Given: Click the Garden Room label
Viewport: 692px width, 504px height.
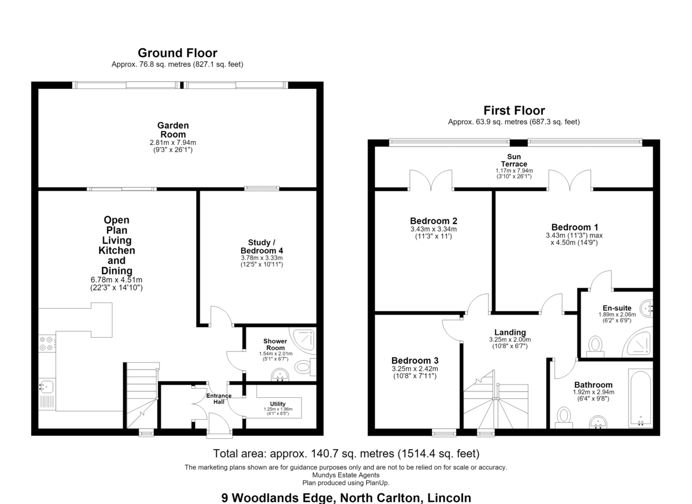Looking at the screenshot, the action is (173, 130).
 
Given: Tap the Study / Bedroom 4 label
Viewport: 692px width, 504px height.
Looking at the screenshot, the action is (262, 247).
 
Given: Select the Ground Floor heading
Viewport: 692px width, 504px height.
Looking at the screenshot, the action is (178, 53).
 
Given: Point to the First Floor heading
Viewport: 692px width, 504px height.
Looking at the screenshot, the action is (514, 111).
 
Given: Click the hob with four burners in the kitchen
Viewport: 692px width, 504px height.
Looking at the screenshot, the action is (47, 344).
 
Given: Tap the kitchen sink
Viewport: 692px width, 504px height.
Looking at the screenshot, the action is (47, 386).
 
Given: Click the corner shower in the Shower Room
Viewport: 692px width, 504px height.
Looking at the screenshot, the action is (303, 340).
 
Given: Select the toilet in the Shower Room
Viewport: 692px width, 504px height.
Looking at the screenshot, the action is (306, 367).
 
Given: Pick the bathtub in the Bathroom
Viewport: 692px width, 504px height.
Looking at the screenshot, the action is (641, 398).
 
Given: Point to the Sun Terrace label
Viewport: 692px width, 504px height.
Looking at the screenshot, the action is (514, 160).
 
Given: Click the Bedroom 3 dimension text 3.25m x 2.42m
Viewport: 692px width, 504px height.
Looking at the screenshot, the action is (415, 368).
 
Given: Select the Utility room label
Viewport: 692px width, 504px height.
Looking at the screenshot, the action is (278, 404).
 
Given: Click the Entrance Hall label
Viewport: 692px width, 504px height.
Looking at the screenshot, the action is (219, 398).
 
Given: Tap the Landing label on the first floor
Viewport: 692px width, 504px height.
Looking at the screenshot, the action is (510, 332).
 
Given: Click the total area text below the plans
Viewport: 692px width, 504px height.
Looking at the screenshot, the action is (347, 454).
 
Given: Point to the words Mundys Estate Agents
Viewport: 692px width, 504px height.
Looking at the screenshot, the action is (346, 475).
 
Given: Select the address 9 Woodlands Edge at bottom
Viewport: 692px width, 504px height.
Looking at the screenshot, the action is (278, 498).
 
